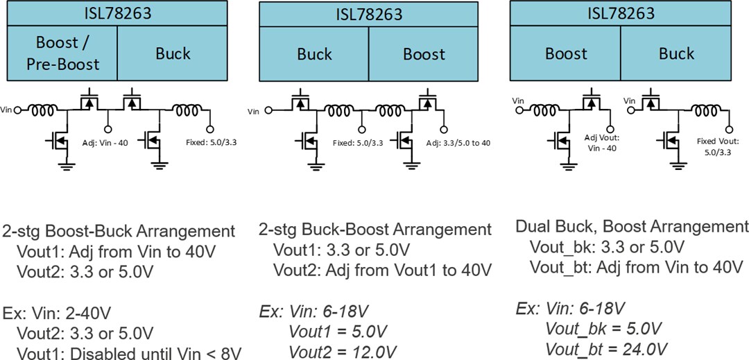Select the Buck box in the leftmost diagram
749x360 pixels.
tap(173, 53)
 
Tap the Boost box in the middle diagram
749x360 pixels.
tap(424, 53)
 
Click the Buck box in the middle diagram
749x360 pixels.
tap(314, 53)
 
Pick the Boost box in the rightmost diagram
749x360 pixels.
tap(565, 53)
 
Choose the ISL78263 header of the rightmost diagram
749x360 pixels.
tap(621, 13)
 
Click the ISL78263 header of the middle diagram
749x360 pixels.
tap(369, 14)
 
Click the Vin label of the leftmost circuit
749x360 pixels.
tap(7, 110)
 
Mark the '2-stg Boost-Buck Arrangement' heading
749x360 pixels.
tap(119, 231)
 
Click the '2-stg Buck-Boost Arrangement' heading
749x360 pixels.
tap(375, 230)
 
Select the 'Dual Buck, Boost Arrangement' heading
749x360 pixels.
tap(632, 227)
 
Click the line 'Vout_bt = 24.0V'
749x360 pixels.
tap(606, 348)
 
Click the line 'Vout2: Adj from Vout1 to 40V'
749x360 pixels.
tap(382, 270)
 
